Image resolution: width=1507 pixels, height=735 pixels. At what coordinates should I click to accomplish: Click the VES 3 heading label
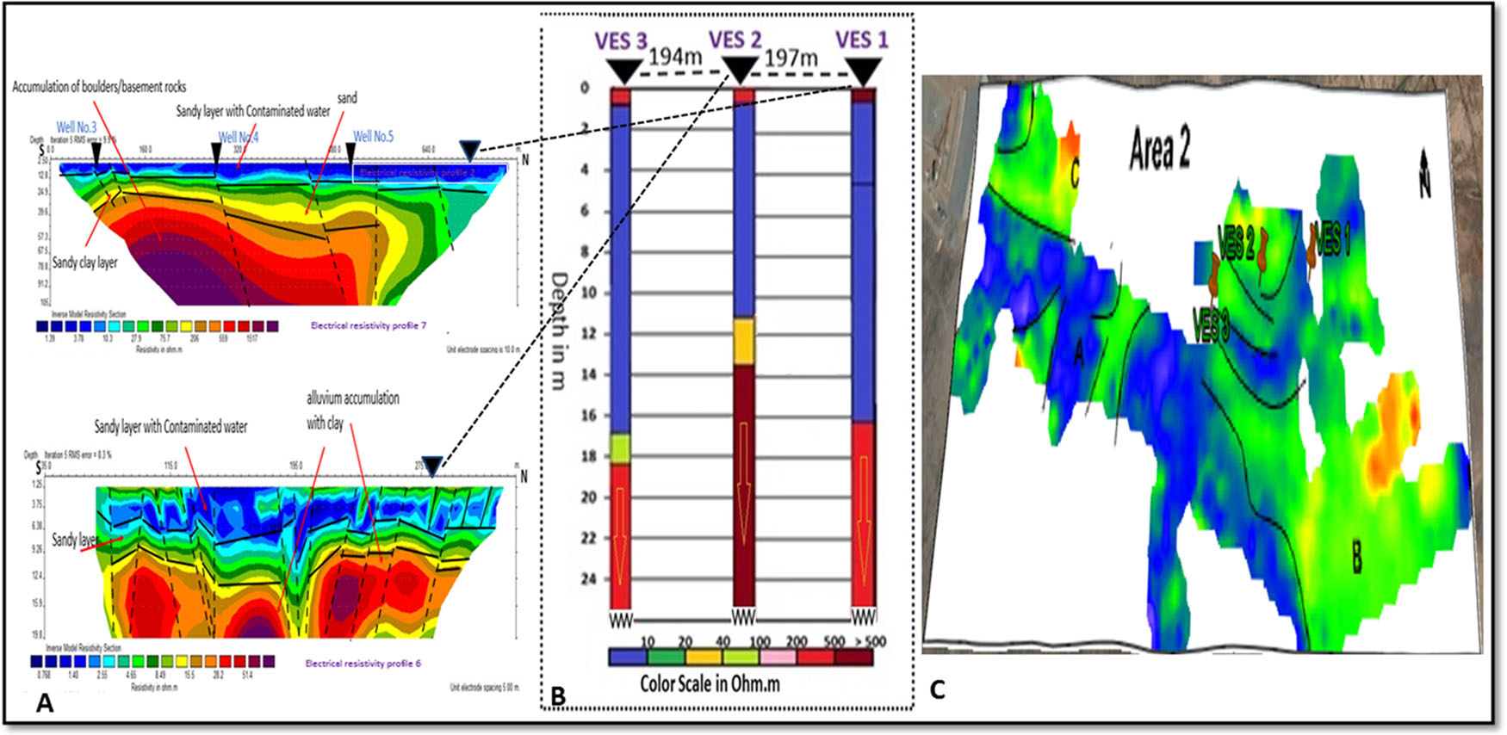[620, 41]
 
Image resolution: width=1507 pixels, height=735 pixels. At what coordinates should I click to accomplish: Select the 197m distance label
[791, 58]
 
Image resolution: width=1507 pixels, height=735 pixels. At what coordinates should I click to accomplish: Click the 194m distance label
[675, 57]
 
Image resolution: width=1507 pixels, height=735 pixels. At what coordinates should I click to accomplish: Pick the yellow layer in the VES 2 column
[743, 341]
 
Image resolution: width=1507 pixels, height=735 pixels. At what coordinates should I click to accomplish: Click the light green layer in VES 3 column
[621, 448]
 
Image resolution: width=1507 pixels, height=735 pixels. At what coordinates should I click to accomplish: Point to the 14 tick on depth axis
[588, 374]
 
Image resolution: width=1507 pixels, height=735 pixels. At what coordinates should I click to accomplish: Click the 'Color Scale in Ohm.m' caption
[710, 684]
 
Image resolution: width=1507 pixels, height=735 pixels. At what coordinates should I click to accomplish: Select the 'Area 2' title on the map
[1159, 150]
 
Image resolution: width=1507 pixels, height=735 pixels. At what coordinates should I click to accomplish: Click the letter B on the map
[1356, 558]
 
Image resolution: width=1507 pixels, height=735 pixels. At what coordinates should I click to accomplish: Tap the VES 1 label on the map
[1332, 240]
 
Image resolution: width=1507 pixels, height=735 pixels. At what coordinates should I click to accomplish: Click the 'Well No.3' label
[77, 127]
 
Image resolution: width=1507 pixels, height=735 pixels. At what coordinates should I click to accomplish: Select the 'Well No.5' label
[373, 136]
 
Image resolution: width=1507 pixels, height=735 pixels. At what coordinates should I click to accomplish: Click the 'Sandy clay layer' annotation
[84, 262]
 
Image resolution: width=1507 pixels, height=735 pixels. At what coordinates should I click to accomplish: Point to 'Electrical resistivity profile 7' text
[369, 325]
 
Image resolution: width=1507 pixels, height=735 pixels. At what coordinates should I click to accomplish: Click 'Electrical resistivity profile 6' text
[363, 664]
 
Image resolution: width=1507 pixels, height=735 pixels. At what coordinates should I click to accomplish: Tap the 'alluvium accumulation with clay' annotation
[352, 410]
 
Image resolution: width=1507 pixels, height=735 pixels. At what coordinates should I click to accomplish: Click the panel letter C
[937, 689]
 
